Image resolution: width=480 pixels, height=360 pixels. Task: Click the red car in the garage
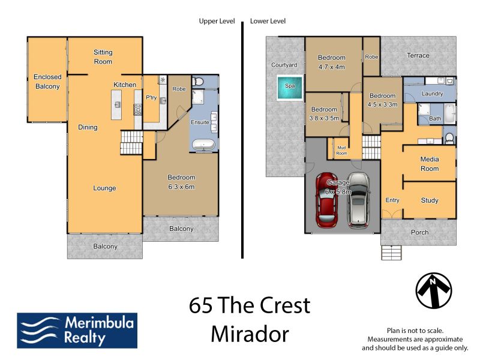(x=327, y=200)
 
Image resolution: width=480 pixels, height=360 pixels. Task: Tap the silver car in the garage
(x=358, y=200)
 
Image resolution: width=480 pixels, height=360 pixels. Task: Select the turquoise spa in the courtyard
(x=290, y=88)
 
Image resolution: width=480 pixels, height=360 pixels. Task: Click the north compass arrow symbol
(x=433, y=290)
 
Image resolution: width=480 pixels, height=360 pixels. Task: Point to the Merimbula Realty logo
(x=77, y=331)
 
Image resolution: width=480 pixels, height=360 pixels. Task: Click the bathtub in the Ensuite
(x=203, y=145)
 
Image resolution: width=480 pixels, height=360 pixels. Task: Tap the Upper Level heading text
(x=217, y=21)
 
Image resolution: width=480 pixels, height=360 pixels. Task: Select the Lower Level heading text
(x=268, y=21)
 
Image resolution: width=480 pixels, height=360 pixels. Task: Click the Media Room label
(x=430, y=164)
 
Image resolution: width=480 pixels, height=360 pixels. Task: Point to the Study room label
(x=430, y=200)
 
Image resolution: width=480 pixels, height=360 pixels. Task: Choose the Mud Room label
(x=341, y=151)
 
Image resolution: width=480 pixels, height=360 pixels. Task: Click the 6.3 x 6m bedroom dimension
(x=181, y=187)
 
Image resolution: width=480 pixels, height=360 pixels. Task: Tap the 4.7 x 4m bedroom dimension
(x=332, y=67)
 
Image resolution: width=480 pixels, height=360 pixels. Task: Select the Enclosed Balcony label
(x=47, y=82)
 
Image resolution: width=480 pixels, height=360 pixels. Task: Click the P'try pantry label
(x=151, y=98)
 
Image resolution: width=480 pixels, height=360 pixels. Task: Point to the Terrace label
(x=418, y=55)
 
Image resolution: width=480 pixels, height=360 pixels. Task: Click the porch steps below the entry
(x=392, y=253)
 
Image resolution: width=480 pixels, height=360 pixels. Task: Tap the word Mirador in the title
(x=250, y=334)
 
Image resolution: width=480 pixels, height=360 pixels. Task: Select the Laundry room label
(x=432, y=94)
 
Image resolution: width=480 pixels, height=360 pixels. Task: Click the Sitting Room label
(x=103, y=57)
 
